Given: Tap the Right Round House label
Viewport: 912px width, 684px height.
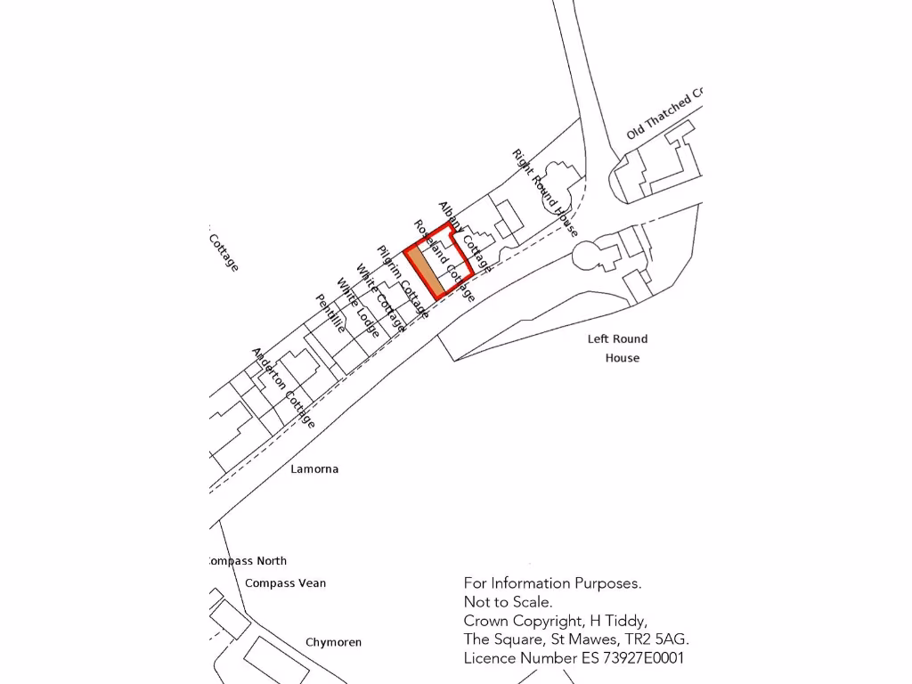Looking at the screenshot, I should (545, 192).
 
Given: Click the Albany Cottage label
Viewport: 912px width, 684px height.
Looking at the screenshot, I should (464, 236).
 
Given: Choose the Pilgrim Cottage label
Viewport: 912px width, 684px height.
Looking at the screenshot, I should (403, 282).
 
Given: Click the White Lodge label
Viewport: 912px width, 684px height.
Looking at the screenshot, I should (358, 308).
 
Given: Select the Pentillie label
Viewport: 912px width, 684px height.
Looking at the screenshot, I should (330, 313).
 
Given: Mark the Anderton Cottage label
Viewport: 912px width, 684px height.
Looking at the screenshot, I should (283, 387).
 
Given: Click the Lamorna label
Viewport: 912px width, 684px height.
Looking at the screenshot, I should (314, 468).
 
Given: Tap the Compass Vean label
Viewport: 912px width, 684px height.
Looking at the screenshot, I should (285, 583).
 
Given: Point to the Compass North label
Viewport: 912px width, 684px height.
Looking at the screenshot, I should (248, 561).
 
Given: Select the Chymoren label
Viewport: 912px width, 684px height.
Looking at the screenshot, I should (333, 642).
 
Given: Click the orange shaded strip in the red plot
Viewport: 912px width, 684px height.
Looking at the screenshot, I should (425, 272).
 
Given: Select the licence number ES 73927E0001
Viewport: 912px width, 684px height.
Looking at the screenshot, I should (628, 658).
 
